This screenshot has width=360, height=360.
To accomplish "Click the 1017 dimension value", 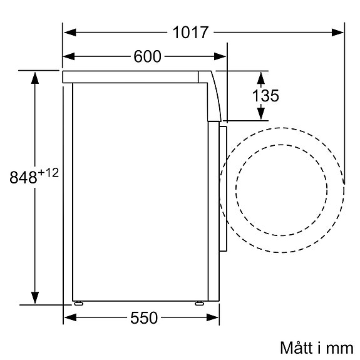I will pyautogui.click(x=190, y=33).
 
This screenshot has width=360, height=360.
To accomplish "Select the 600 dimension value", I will pyautogui.click(x=147, y=57).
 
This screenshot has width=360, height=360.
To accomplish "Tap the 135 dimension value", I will pyautogui.click(x=265, y=96).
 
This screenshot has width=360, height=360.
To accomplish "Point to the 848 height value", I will pyautogui.click(x=23, y=178).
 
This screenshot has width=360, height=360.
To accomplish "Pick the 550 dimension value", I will pyautogui.click(x=143, y=318).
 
